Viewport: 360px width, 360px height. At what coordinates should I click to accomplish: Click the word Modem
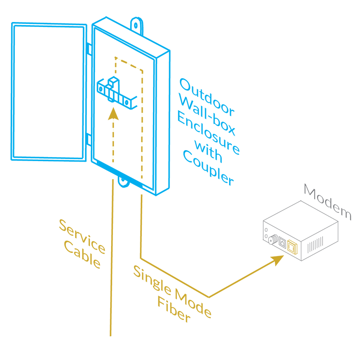(327, 201)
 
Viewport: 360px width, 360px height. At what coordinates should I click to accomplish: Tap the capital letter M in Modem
(310, 192)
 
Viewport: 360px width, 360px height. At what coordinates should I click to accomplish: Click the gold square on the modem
(293, 247)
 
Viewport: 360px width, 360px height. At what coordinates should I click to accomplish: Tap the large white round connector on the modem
(270, 241)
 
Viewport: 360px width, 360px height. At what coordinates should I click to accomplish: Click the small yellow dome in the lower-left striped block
(113, 121)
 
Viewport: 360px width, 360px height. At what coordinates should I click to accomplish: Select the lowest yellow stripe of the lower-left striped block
(116, 153)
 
